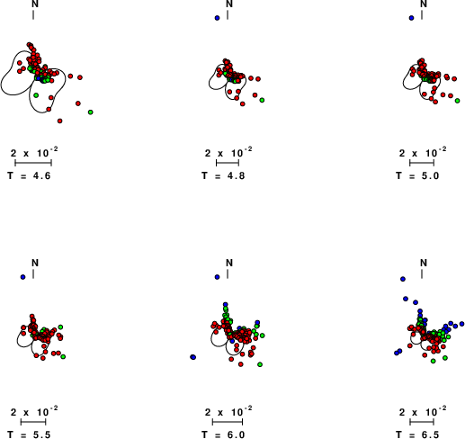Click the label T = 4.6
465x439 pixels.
(29, 175)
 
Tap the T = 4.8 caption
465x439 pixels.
(223, 175)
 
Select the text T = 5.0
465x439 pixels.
(417, 175)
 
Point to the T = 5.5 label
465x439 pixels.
(29, 435)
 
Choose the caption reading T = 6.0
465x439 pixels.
(223, 435)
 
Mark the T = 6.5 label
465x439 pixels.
(417, 435)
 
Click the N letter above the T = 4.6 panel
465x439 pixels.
(35, 4)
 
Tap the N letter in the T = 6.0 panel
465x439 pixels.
(229, 263)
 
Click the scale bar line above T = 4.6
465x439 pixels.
(33, 163)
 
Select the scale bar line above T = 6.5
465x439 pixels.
(422, 422)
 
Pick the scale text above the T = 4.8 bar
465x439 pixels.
(228, 152)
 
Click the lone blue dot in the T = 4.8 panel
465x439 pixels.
(217, 18)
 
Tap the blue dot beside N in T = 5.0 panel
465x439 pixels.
(411, 18)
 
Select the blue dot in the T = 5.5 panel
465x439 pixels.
(22, 277)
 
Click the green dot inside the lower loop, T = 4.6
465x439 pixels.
(36, 95)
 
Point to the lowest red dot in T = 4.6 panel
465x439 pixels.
(60, 121)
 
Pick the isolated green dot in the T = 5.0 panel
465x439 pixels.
(457, 101)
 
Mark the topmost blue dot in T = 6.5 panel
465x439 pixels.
(403, 279)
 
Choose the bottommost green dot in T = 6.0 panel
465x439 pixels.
(260, 364)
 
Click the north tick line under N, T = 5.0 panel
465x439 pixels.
(422, 15)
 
